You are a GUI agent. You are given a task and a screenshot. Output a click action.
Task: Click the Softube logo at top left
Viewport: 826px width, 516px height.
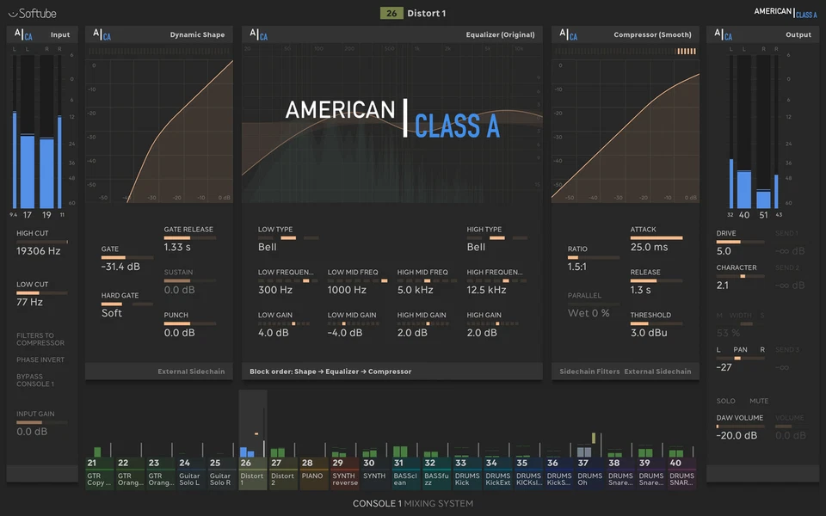pos(33,13)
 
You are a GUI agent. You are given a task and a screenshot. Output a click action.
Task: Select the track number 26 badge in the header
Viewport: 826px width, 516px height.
pos(391,13)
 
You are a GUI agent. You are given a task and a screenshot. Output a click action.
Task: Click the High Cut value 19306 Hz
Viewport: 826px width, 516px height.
pos(39,251)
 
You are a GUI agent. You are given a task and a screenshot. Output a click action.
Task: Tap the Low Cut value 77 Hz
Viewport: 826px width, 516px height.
pos(29,302)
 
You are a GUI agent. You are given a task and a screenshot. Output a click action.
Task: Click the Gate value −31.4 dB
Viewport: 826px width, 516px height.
pos(121,267)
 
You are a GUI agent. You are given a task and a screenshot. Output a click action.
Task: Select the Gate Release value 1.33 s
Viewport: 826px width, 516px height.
pos(178,248)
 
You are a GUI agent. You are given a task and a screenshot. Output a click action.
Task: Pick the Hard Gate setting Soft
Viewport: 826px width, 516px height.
pos(112,313)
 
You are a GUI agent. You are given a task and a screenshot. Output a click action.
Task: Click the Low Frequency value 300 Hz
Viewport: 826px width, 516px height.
pos(274,290)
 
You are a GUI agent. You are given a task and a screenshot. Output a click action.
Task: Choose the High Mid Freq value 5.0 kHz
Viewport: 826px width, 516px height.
pos(416,290)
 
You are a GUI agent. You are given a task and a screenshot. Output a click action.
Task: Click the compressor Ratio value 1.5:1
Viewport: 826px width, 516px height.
pos(578,267)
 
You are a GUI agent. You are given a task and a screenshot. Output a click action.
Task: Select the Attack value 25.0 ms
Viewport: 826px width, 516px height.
pos(649,247)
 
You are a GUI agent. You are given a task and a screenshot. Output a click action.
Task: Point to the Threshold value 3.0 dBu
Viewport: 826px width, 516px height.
pos(650,333)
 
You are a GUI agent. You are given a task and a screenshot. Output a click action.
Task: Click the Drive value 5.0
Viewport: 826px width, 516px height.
pos(724,251)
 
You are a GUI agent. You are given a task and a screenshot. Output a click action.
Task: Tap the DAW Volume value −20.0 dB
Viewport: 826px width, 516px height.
pos(737,435)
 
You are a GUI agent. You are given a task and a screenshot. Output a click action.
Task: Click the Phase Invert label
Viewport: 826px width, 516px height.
pos(40,359)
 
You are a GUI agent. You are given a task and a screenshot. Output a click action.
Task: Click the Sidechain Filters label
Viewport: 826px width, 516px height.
pos(589,372)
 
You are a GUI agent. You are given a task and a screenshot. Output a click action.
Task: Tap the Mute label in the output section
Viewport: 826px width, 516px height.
pos(758,401)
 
